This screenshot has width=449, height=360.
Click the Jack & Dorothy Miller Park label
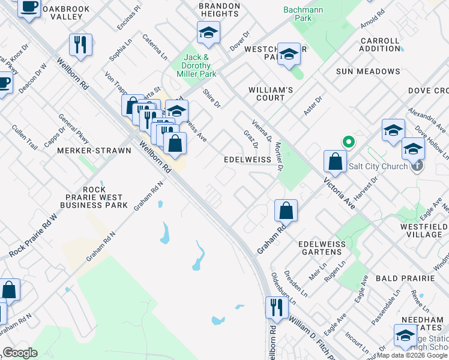(196, 65)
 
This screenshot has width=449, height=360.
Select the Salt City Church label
(379, 166)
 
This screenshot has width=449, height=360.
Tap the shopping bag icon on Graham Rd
(286, 211)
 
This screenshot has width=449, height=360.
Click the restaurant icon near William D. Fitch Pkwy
(277, 307)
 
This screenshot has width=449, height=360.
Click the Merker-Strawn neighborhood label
(94, 151)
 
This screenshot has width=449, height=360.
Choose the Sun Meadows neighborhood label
(368, 71)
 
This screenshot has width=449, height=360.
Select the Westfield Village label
(425, 230)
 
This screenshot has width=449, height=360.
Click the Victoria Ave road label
(340, 193)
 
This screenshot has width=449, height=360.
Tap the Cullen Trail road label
(25, 137)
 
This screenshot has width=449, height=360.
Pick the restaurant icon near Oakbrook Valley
(80, 44)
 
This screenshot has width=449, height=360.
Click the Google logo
(20, 353)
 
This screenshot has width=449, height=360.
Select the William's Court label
(271, 94)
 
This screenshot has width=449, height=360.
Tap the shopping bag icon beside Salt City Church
(334, 161)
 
